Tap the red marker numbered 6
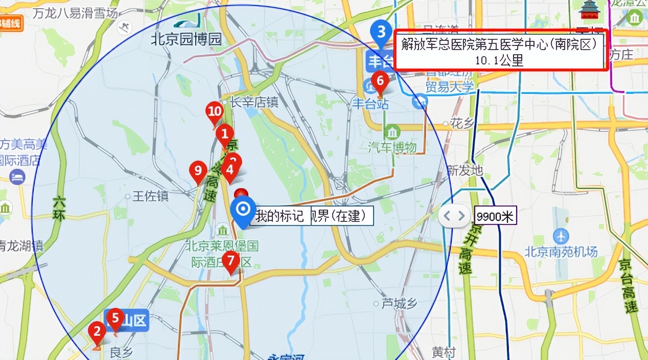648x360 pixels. (380, 81)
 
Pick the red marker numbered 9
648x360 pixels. (198, 170)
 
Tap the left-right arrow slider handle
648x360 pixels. (454, 216)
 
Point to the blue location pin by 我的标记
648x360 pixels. (243, 210)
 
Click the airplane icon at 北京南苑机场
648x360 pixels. (561, 236)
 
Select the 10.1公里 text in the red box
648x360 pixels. (499, 60)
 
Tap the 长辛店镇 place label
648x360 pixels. (253, 103)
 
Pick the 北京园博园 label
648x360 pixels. (186, 40)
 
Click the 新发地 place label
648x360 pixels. (465, 170)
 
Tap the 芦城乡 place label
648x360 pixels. (399, 304)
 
